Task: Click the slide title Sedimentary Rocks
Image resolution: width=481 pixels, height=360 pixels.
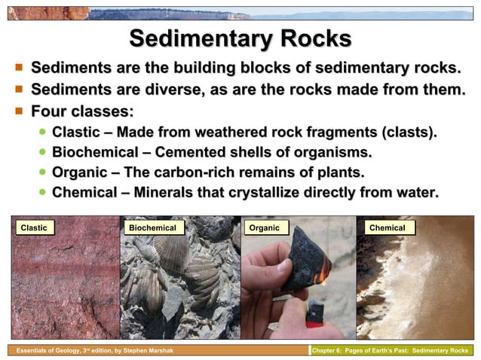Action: pos(240,39)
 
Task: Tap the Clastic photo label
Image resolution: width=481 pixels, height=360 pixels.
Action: pos(33,227)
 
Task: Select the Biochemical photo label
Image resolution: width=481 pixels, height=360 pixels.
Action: pos(152,227)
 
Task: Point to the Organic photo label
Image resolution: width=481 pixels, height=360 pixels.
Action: pos(264,227)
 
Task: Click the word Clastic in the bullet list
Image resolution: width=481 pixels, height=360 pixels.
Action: pos(78,133)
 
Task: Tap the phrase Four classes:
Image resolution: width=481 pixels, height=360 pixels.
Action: pos(81,111)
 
